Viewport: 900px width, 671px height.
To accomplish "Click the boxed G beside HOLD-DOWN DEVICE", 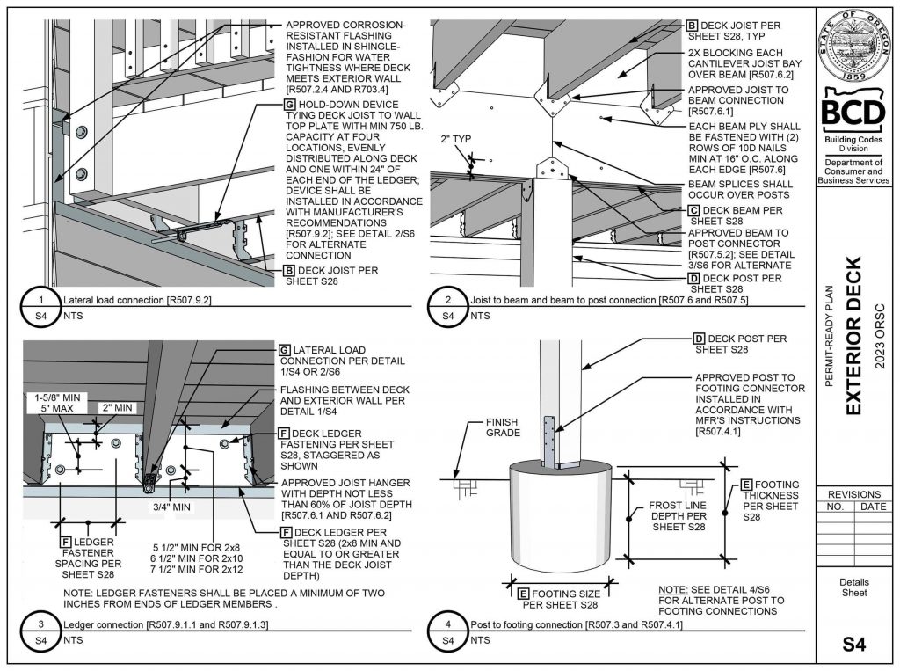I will (289, 104).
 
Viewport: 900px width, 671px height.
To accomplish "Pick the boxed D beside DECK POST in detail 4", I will (699, 338).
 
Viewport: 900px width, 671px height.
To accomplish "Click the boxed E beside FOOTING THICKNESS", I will (747, 485).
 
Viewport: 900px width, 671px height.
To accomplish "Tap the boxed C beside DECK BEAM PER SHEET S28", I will (693, 211).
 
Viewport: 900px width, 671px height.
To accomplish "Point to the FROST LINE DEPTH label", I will (677, 515).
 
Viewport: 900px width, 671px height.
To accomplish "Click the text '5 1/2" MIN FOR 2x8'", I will (189, 543).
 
